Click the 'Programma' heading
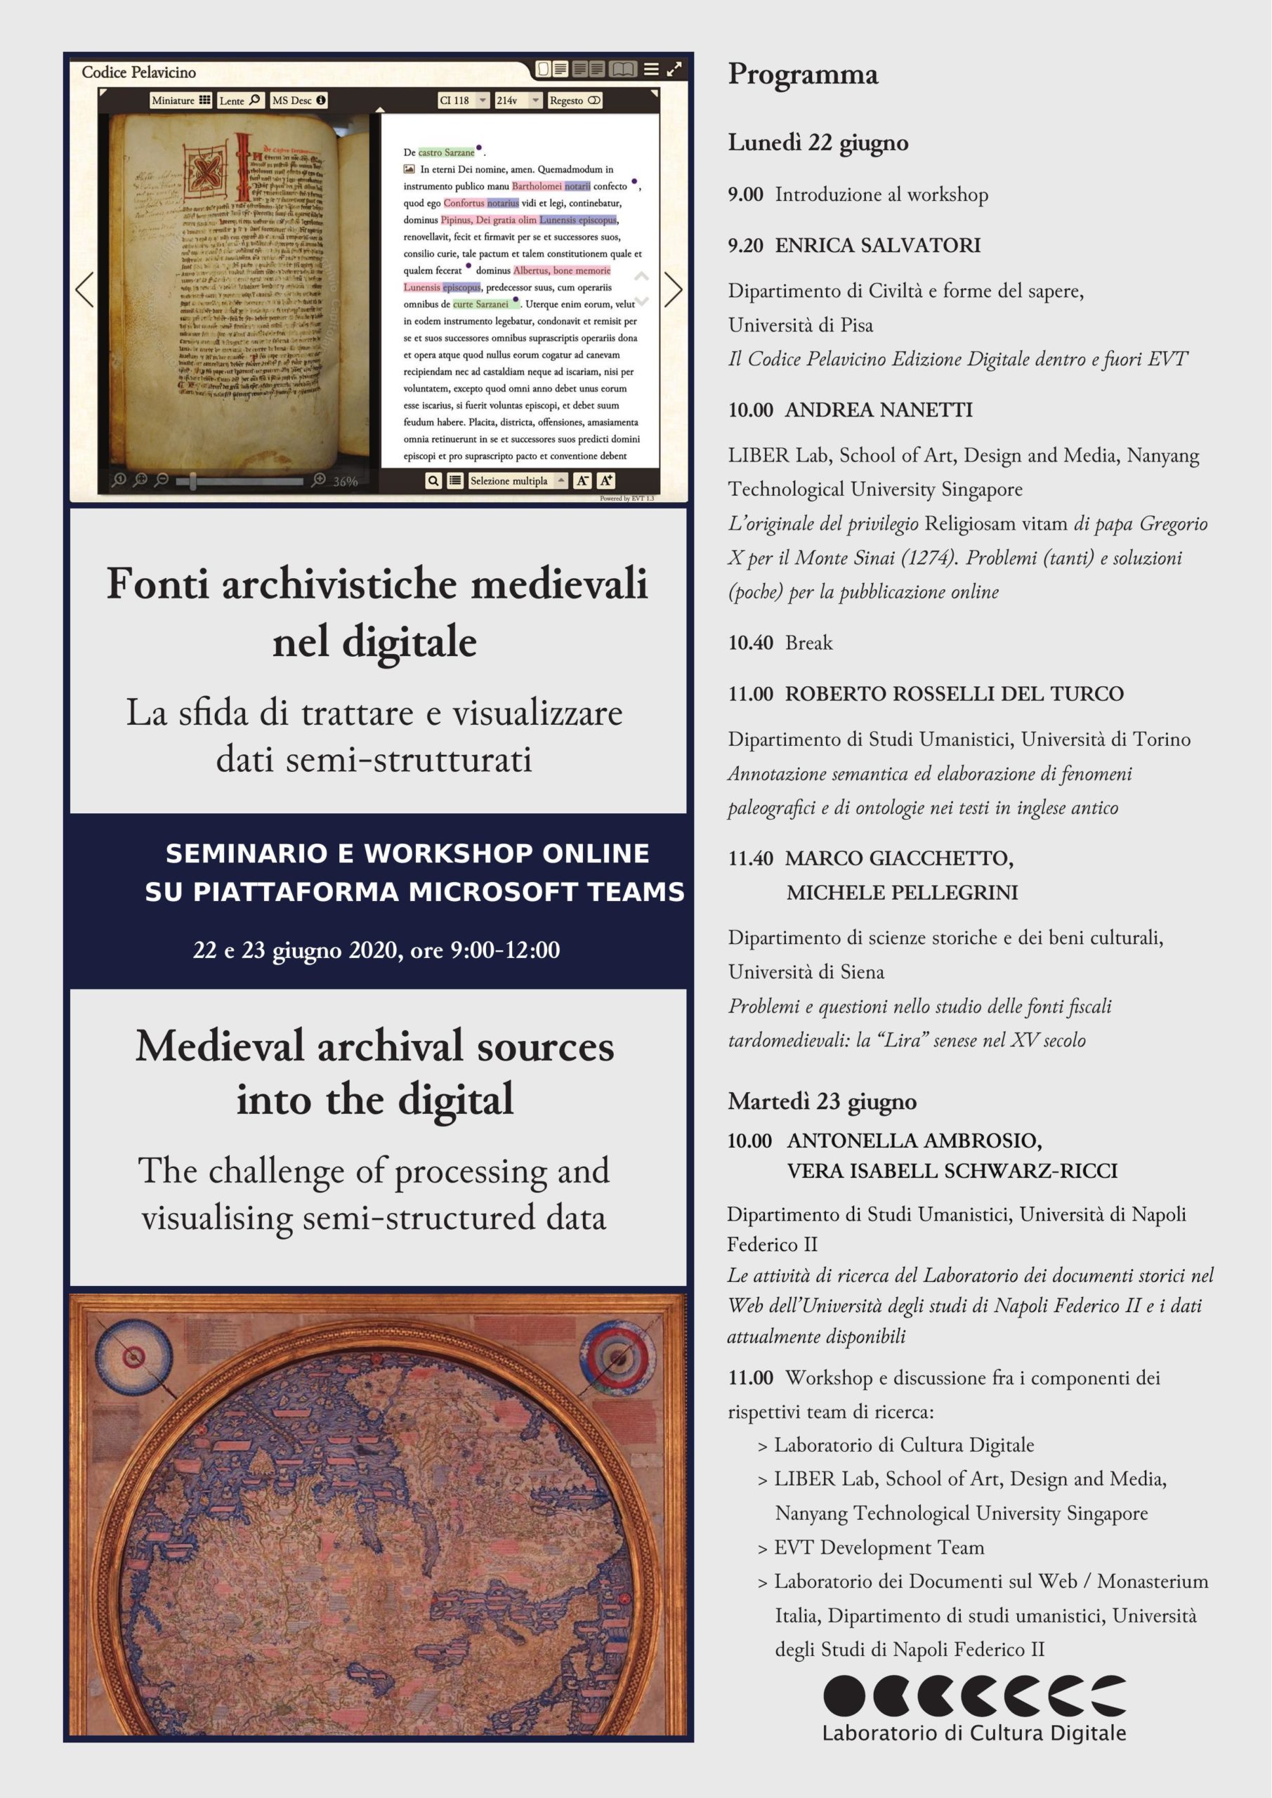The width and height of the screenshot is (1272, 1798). (803, 74)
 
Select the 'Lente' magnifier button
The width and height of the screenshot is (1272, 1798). (239, 100)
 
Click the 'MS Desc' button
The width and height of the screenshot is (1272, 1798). (299, 100)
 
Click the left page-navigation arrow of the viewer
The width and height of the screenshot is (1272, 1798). (84, 290)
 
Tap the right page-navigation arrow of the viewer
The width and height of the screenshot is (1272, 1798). (673, 290)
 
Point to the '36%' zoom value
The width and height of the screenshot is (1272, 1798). (346, 482)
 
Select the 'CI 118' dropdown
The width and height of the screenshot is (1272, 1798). (463, 100)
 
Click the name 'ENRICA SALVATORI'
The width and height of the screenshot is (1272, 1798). (877, 245)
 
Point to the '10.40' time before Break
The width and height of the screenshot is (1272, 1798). (750, 643)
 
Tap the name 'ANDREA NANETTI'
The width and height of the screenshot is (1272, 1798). (878, 409)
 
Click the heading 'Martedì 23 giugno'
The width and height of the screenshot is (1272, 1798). (822, 1102)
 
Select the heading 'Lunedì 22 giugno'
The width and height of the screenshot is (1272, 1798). (818, 143)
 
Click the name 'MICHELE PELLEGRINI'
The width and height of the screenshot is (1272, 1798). (903, 892)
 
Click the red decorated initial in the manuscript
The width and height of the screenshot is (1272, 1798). (206, 170)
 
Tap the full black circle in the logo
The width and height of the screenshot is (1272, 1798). (844, 1696)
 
